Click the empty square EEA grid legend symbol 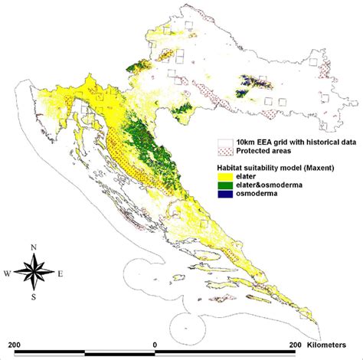pyautogui.click(x=225, y=142)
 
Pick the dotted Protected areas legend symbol pyautogui.click(x=225, y=150)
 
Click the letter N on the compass pyautogui.click(x=34, y=247)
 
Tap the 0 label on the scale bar pyautogui.click(x=155, y=345)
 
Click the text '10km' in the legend pyautogui.click(x=245, y=142)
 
